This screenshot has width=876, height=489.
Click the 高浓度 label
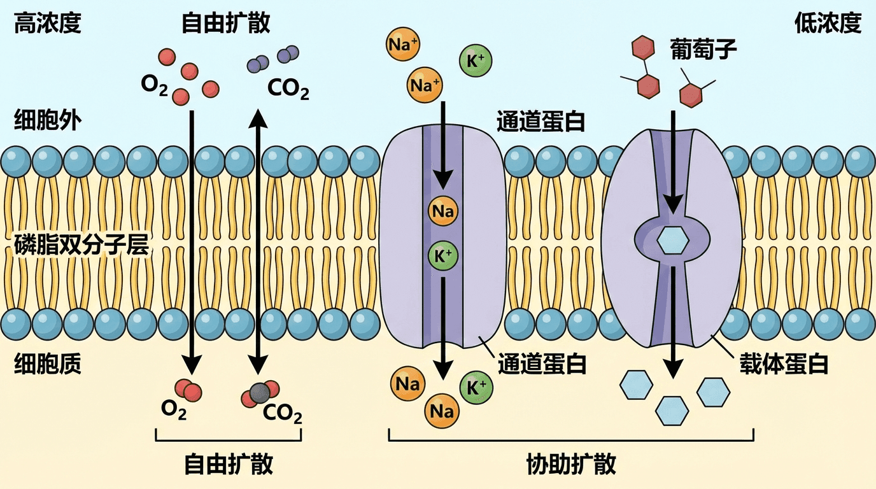[48, 24]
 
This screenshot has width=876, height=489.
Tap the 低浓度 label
[828, 24]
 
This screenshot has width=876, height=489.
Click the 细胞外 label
[48, 120]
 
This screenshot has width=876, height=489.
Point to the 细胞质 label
[48, 364]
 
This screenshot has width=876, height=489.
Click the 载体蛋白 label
[782, 364]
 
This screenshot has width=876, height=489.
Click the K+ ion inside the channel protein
[443, 255]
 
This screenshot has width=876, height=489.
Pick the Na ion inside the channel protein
[443, 211]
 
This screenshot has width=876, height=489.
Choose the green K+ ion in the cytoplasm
[476, 387]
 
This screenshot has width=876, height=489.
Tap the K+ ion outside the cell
[475, 61]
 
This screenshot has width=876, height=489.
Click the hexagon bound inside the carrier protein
[672, 241]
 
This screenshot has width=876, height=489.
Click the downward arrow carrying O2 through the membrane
[190, 242]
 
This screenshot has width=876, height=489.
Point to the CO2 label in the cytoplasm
[282, 415]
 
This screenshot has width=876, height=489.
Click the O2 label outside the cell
[154, 85]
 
